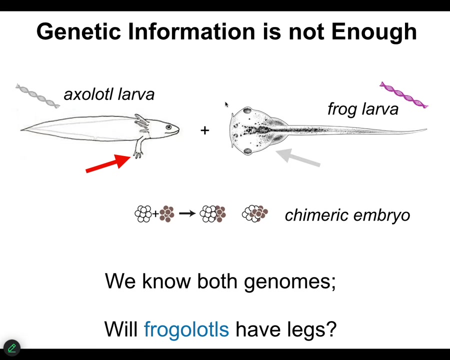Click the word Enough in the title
(x=373, y=32)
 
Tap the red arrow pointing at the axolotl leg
(x=108, y=163)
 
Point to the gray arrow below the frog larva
(x=297, y=157)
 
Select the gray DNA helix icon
(x=37, y=96)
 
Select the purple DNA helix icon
(x=403, y=94)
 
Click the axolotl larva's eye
(x=168, y=127)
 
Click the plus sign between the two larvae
(x=205, y=130)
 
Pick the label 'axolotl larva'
(x=109, y=94)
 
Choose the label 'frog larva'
(x=363, y=109)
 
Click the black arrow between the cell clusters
(x=187, y=213)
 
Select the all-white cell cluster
(x=143, y=213)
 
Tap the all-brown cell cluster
(x=166, y=213)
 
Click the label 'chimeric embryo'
(x=347, y=215)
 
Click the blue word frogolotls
(x=186, y=329)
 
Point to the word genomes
(x=290, y=281)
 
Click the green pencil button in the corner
(x=12, y=348)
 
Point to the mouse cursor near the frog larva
(x=226, y=104)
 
